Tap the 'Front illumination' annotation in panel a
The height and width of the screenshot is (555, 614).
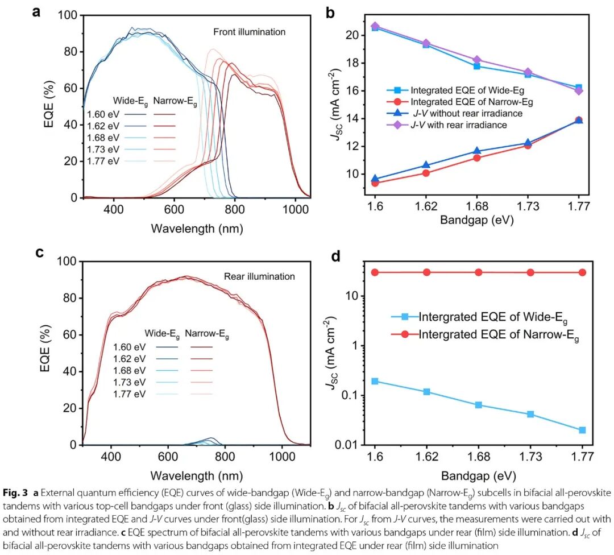click(250, 31)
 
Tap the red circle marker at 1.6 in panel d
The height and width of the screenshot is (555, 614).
click(375, 272)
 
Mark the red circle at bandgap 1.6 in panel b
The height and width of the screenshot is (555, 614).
click(375, 183)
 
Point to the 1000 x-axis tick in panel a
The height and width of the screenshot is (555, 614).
click(295, 210)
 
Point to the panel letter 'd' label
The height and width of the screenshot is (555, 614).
click(336, 257)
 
